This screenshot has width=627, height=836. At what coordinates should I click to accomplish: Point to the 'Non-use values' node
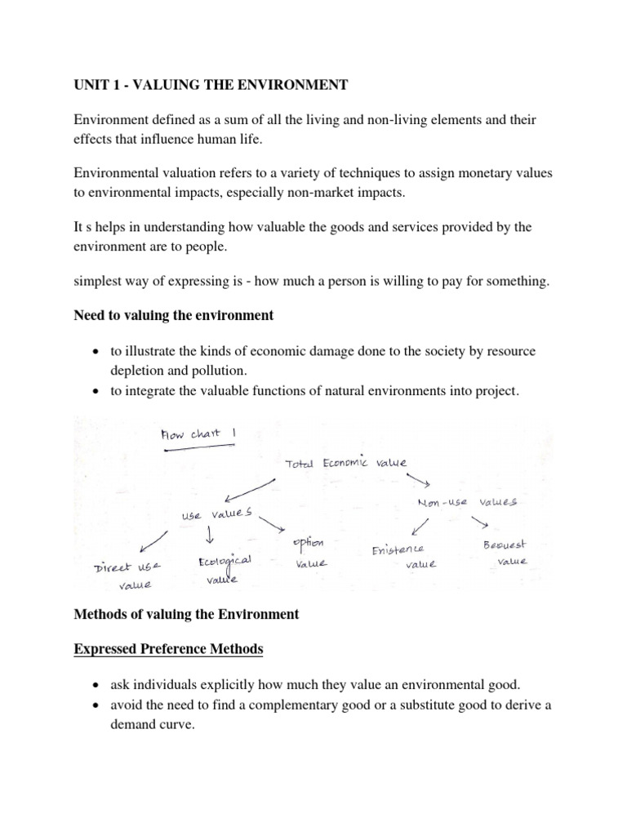pos(466,504)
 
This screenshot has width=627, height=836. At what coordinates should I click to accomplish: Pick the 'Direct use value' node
pos(128,574)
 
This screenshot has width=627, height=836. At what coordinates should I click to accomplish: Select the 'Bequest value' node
pos(505,552)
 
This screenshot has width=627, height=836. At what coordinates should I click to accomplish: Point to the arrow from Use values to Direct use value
pos(153,541)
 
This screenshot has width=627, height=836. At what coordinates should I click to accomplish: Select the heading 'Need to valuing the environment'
pos(174,315)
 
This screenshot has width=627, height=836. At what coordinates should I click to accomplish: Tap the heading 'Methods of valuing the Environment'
pos(187,615)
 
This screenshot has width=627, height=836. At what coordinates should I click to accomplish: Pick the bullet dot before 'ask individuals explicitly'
pos(98,685)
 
